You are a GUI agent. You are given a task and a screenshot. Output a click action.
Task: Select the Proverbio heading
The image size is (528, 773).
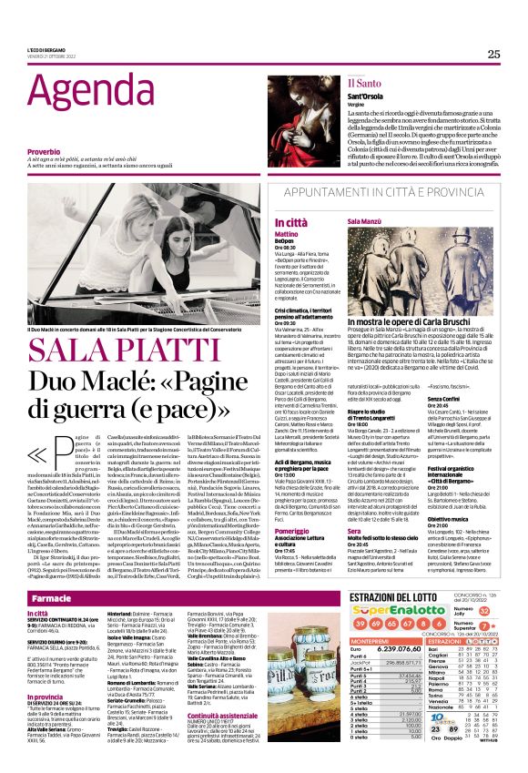[x=49, y=151]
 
